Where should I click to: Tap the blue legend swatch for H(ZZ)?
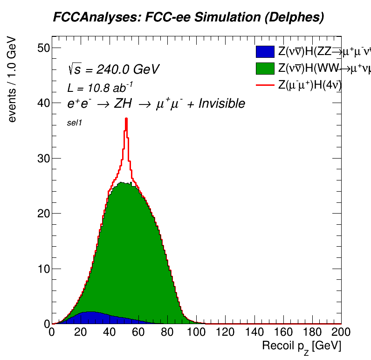[x=265, y=52]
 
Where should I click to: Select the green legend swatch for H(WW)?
[x=265, y=69]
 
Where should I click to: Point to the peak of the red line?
[x=126, y=119]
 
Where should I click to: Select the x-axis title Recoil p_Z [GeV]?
[x=302, y=346]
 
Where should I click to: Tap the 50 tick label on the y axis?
[x=43, y=48]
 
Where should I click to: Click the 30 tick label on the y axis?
[x=43, y=159]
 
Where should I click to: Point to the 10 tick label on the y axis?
[x=43, y=269]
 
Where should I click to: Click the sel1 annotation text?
[x=75, y=123]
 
